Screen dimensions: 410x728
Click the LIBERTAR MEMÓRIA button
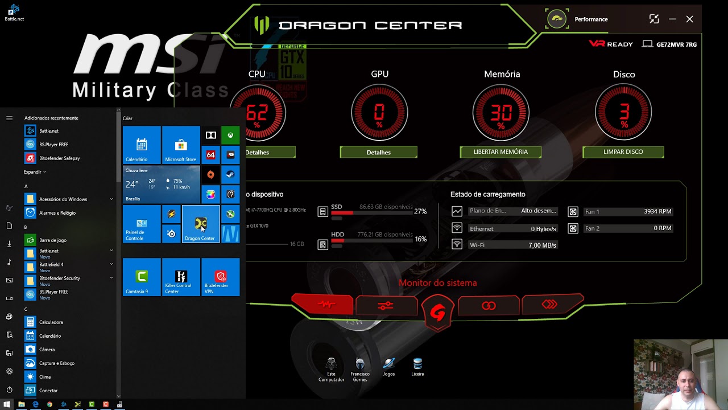click(500, 152)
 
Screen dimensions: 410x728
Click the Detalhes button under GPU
click(378, 153)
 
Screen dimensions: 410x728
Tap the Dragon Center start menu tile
click(200, 224)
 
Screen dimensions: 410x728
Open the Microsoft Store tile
click(181, 145)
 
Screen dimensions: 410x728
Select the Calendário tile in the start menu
click(142, 145)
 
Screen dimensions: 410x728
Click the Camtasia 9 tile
click(142, 277)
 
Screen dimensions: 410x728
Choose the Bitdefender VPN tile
click(220, 277)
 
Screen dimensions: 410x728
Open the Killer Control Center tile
click(181, 277)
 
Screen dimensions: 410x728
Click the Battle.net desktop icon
click(14, 12)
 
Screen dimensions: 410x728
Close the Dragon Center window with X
click(689, 19)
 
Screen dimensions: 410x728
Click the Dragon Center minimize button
click(672, 19)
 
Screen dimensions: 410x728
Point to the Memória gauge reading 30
click(501, 112)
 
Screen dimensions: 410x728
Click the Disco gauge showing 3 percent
click(624, 112)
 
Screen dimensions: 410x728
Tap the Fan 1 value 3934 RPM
click(657, 211)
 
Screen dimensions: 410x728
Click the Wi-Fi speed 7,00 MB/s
click(542, 245)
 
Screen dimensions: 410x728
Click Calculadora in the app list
click(51, 322)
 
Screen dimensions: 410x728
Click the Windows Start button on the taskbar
click(7, 404)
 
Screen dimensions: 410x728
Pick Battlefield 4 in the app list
click(51, 265)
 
